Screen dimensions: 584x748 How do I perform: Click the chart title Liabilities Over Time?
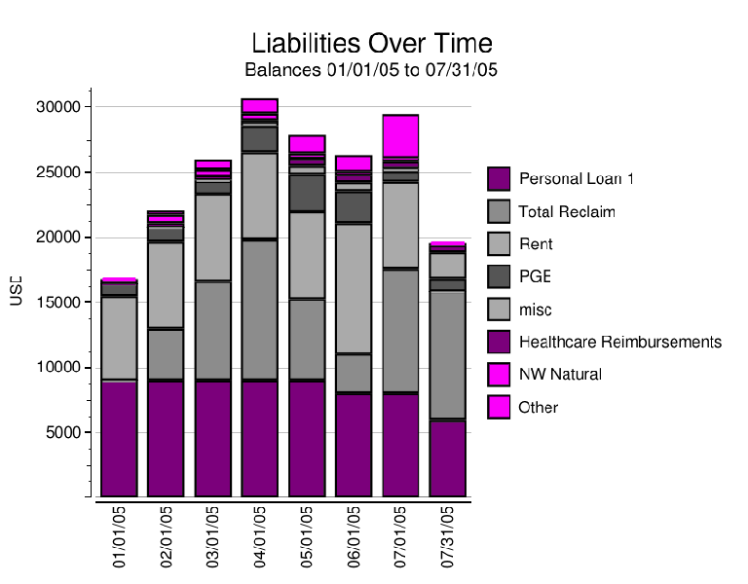pyautogui.click(x=371, y=44)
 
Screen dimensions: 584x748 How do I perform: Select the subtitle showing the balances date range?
pyautogui.click(x=371, y=70)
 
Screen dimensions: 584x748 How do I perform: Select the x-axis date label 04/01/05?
pyautogui.click(x=260, y=536)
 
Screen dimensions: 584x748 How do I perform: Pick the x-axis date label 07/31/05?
pyautogui.click(x=448, y=536)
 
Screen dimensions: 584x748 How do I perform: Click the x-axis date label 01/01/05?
pyautogui.click(x=120, y=536)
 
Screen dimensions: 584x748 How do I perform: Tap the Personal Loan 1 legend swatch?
pyautogui.click(x=499, y=179)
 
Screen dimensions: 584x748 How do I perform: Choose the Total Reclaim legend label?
pyautogui.click(x=567, y=212)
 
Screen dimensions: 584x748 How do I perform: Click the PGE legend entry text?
pyautogui.click(x=535, y=277)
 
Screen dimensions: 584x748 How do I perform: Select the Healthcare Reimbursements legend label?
pyautogui.click(x=619, y=343)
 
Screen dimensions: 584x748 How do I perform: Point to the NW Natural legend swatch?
pyautogui.click(x=499, y=375)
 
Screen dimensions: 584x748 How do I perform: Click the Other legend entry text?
pyautogui.click(x=539, y=408)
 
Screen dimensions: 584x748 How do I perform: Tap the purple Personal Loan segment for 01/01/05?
pyautogui.click(x=119, y=439)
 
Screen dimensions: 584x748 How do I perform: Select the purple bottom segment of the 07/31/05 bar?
pyautogui.click(x=447, y=458)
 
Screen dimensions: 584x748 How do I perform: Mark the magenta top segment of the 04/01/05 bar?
pyautogui.click(x=260, y=105)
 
